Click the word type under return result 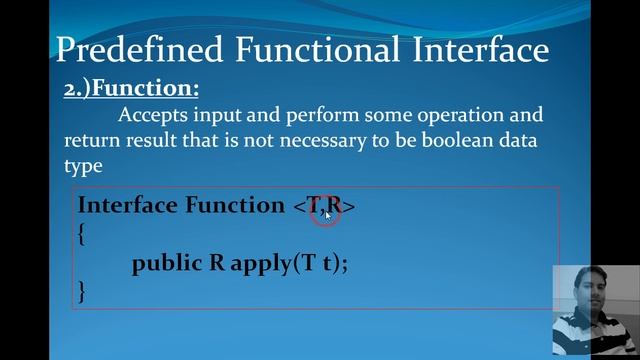[x=83, y=165]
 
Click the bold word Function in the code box [x=235, y=205]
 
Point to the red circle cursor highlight [x=326, y=211]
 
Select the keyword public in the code [x=167, y=264]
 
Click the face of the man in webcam [x=591, y=294]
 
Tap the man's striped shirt [x=594, y=335]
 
